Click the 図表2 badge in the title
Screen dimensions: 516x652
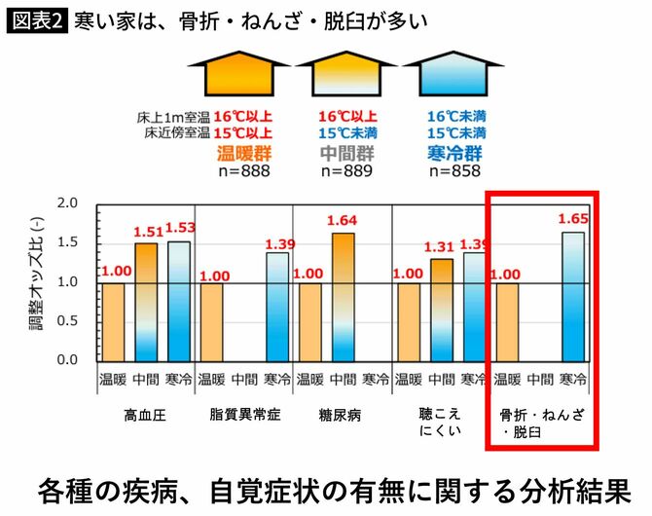pos(37,19)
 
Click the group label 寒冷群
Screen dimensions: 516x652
pos(453,153)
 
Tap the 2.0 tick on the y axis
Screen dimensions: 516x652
pos(66,204)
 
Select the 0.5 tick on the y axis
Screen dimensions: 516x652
pos(66,321)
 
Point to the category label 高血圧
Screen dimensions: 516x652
pos(145,414)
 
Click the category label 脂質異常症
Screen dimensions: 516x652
pos(244,414)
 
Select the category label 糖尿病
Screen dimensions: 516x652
pos(341,414)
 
